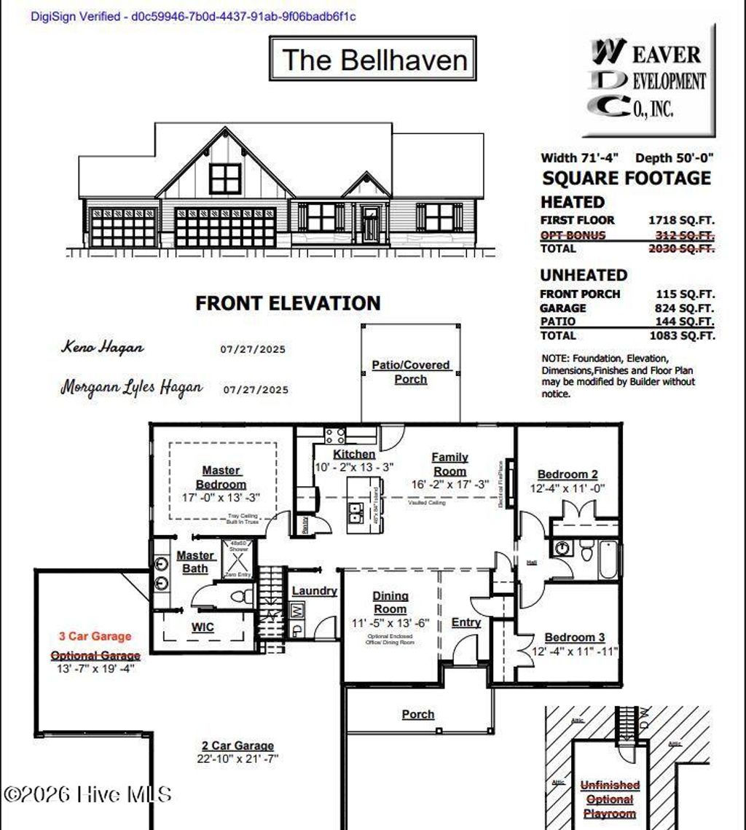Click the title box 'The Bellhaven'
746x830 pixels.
[x=373, y=59]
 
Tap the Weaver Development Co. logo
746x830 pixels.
[x=648, y=80]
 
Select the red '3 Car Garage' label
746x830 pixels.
[x=95, y=636]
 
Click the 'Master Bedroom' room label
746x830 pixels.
[x=221, y=477]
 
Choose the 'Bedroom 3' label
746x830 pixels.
[x=574, y=637]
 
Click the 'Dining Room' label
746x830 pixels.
[x=390, y=603]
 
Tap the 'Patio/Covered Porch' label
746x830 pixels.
[x=411, y=372]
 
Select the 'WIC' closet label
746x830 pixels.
[x=203, y=626]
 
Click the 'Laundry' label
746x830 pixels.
[x=314, y=591]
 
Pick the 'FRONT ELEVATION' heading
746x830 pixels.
[x=288, y=303]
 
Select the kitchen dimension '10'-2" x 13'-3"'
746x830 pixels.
[x=354, y=467]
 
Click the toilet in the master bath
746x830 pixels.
[x=241, y=597]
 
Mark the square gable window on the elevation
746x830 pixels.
[x=225, y=178]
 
